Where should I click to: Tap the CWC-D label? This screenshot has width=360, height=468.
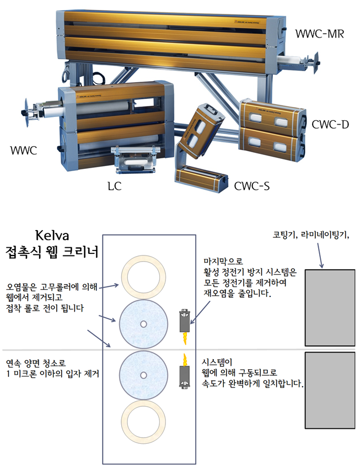click(x=329, y=125)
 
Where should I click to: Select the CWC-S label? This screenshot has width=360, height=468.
click(x=251, y=186)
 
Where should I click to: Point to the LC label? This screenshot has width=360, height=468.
click(x=114, y=186)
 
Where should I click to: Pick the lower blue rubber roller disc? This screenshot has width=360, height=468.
click(x=143, y=375)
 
